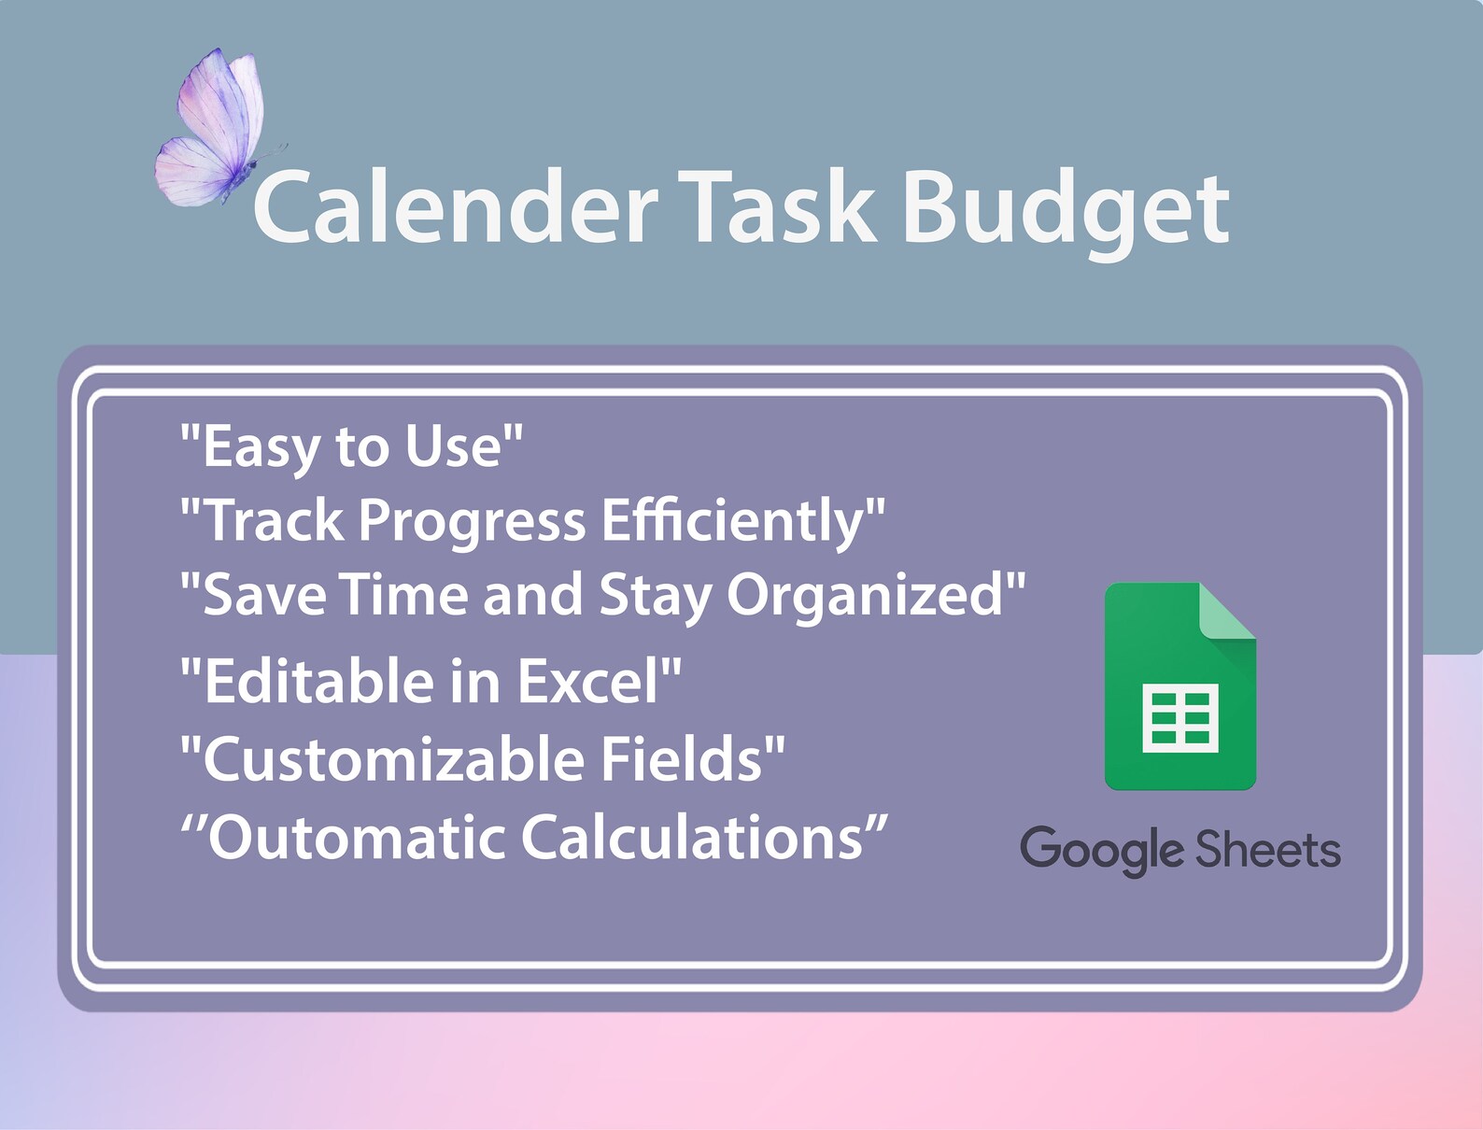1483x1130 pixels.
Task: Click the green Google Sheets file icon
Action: pos(1179,691)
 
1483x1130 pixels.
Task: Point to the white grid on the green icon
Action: pos(1180,717)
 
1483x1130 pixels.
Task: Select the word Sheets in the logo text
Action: pos(1268,850)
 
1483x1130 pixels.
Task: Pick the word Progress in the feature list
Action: pos(473,521)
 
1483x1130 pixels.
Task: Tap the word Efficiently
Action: pos(734,521)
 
